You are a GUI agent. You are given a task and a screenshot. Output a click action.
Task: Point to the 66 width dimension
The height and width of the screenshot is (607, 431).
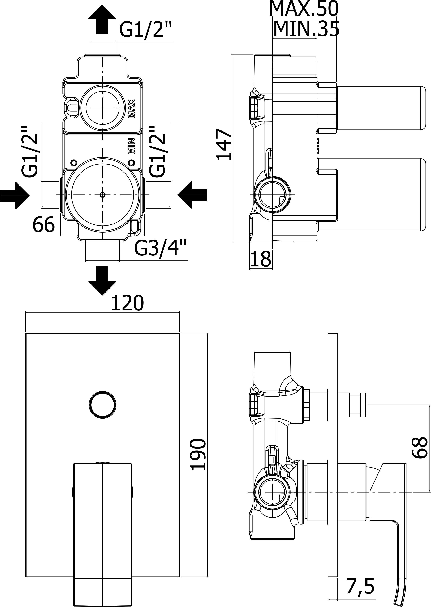pyautogui.click(x=44, y=224)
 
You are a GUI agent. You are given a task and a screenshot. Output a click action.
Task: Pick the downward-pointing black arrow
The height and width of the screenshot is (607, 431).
pyautogui.click(x=102, y=280)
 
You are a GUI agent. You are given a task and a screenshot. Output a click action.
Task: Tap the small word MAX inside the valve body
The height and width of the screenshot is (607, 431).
pyautogui.click(x=132, y=108)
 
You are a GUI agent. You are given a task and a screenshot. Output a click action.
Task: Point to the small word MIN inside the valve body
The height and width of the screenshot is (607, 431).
pyautogui.click(x=132, y=146)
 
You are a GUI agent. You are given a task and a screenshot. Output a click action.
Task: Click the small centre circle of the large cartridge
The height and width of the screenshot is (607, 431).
pyautogui.click(x=103, y=195)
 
